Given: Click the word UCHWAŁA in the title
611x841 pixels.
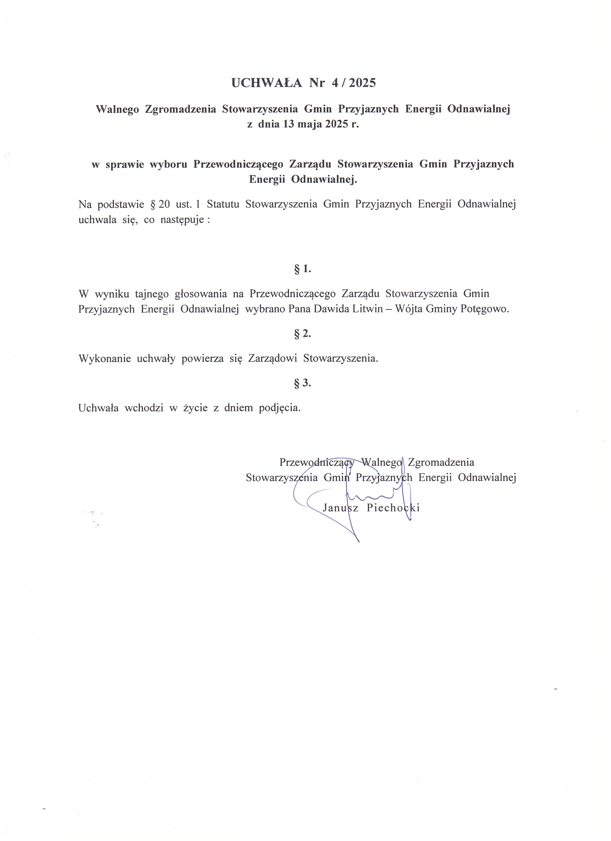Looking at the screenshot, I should pos(266,83).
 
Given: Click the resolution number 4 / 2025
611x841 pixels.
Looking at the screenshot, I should pos(354,83).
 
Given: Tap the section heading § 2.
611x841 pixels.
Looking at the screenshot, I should pos(302,334).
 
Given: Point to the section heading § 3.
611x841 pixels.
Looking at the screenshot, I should pos(302,383).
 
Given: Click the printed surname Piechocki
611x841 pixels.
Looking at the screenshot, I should pos(393,508).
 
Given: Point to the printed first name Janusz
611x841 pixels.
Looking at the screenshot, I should pos(340,508).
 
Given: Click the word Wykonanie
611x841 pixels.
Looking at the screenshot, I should pos(104,359).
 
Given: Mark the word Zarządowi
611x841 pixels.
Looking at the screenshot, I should pos(272,359).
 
